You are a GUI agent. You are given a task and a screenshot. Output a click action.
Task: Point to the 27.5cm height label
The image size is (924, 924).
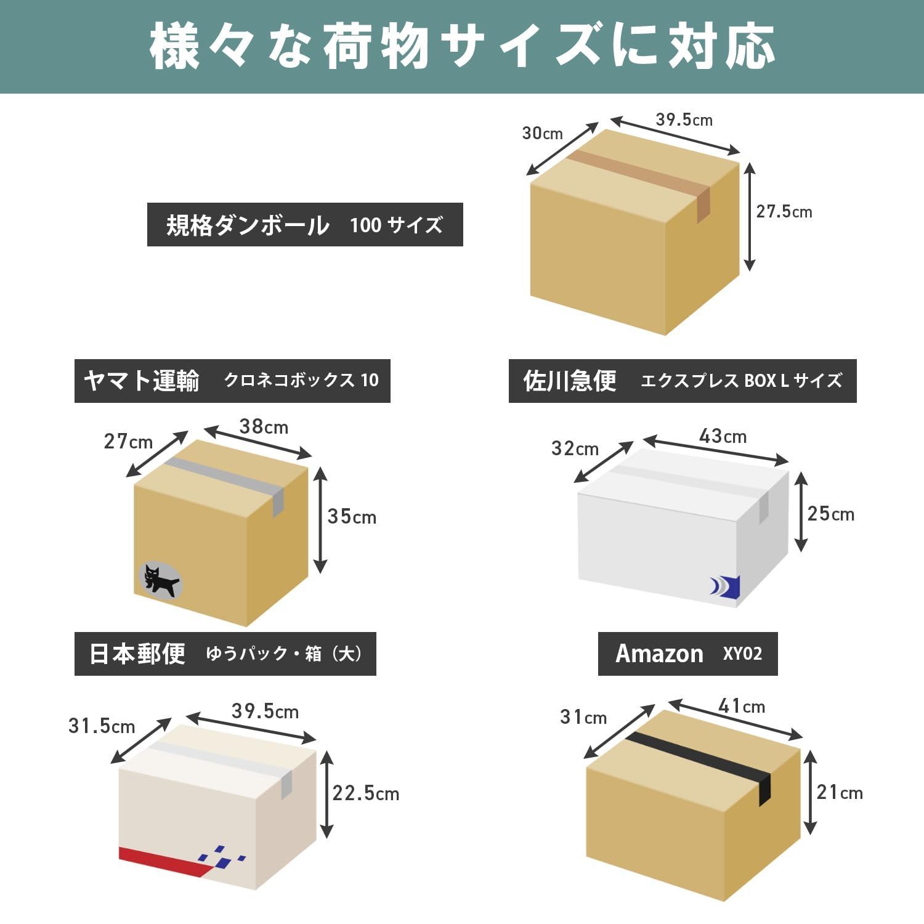[x=784, y=211]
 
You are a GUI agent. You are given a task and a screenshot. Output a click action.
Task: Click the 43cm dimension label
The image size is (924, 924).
[x=723, y=436]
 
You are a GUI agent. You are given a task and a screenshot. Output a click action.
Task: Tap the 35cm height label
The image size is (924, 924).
[x=351, y=516]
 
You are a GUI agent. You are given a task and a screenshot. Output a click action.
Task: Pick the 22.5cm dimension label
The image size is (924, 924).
[x=365, y=793]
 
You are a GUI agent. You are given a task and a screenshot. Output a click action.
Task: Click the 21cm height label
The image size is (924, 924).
[x=839, y=792]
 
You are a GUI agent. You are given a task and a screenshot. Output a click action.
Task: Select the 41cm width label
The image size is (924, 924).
[x=742, y=706]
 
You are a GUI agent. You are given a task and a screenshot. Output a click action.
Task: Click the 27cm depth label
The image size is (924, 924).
[x=128, y=442]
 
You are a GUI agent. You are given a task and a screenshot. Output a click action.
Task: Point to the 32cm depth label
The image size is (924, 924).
[x=575, y=448]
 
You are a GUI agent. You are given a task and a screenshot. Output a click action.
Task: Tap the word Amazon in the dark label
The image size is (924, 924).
[x=659, y=654]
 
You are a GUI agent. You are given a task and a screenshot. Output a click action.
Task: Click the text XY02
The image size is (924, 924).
[x=742, y=654]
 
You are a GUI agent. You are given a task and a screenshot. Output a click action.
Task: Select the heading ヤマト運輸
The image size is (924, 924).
[x=142, y=381]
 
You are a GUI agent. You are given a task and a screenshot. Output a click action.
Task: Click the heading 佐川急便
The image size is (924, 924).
[x=570, y=381]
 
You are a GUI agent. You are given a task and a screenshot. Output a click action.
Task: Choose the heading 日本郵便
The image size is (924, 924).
[x=137, y=654]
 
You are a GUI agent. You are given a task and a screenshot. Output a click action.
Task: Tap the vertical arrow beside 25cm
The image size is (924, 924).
[x=800, y=511]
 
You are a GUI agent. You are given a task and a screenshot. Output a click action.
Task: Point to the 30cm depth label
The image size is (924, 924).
[x=542, y=133]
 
